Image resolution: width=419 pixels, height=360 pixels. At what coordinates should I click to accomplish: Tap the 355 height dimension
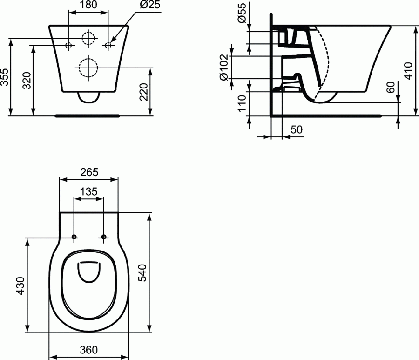tap(5, 77)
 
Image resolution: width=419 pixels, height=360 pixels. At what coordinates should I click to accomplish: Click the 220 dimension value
tap(144, 92)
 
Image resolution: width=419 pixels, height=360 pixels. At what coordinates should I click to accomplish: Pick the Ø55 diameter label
tap(242, 14)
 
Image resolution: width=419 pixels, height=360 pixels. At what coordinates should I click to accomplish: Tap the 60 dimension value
tap(391, 87)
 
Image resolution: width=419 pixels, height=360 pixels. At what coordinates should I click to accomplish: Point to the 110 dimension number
tap(242, 103)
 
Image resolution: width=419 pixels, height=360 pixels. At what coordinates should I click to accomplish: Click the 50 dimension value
tap(297, 130)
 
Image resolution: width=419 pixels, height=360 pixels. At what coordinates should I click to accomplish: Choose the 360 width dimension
tap(88, 350)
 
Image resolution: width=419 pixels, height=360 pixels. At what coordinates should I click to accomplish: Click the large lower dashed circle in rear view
tap(88, 68)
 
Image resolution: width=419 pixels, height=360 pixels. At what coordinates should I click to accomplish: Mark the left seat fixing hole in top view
tap(74, 238)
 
